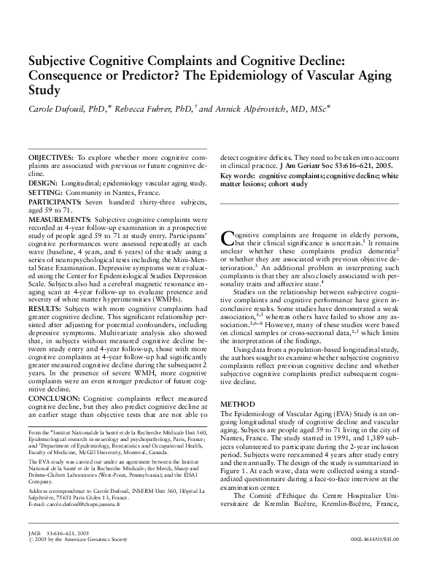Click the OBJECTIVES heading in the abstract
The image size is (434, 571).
tap(51, 158)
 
